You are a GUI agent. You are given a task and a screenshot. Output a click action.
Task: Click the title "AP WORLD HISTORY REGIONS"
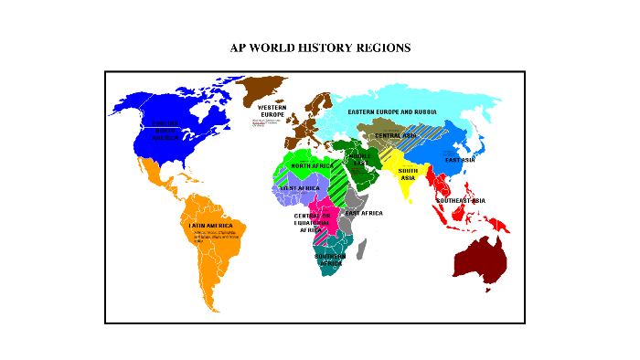[320, 47]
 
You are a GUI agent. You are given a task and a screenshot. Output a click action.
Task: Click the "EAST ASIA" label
[460, 160]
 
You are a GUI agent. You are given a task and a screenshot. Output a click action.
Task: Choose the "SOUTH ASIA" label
[408, 174]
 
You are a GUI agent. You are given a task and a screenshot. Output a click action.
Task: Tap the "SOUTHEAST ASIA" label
[460, 200]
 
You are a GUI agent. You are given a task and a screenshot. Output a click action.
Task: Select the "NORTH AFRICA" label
[313, 165]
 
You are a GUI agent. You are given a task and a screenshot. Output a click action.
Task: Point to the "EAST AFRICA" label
[364, 213]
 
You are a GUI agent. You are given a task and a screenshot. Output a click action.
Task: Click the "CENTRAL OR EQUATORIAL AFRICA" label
[312, 223]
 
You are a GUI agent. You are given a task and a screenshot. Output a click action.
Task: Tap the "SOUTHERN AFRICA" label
[331, 259]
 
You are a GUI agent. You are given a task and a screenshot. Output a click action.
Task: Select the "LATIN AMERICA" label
[211, 225]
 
